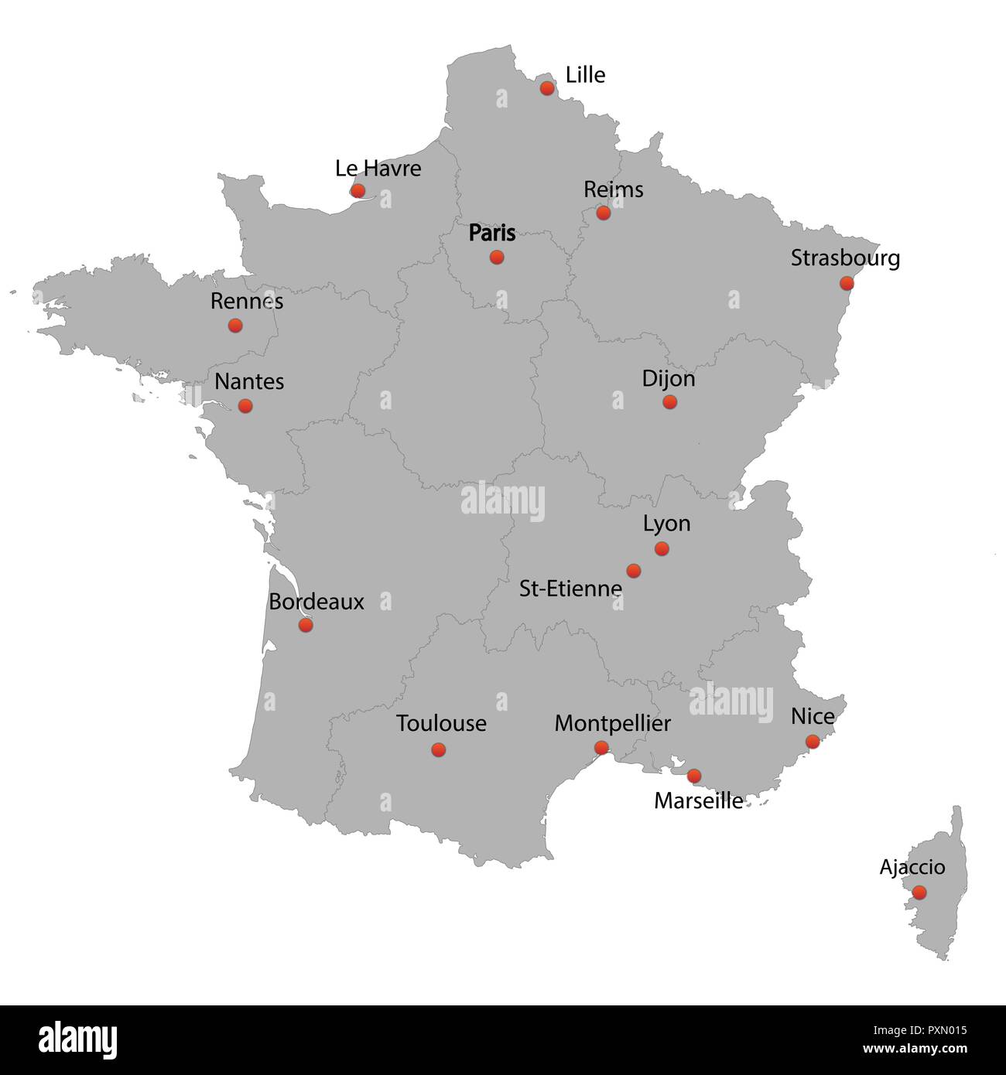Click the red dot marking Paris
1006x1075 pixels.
(497, 257)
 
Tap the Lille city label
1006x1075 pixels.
(585, 75)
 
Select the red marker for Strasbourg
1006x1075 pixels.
(847, 283)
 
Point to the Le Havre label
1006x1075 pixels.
(378, 169)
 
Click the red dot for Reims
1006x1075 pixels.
(604, 213)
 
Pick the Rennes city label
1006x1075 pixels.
(247, 301)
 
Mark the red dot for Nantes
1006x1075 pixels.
(245, 405)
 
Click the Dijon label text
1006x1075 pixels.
(669, 379)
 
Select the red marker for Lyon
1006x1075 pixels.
(662, 548)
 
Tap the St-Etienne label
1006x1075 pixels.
(570, 589)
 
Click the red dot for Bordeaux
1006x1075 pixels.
(306, 624)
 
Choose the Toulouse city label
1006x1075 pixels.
(441, 724)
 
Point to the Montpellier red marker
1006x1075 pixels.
(601, 747)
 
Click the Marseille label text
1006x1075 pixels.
(698, 800)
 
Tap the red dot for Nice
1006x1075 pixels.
(813, 742)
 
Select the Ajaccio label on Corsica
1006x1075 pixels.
(912, 867)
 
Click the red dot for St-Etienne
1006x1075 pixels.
(634, 571)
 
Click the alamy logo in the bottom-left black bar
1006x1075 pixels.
(78, 1039)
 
